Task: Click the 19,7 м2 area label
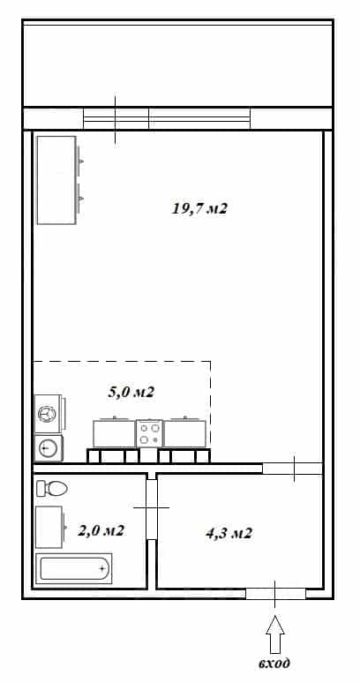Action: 199,208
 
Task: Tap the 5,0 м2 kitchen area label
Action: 131,392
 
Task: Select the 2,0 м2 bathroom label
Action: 101,530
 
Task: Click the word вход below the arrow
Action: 274,663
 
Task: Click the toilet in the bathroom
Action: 52,488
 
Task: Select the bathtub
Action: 73,568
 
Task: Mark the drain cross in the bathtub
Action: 102,568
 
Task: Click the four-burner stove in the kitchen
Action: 149,433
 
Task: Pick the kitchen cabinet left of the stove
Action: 115,432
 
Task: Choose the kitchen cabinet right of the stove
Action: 184,432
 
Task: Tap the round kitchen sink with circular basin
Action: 49,448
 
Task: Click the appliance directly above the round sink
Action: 49,414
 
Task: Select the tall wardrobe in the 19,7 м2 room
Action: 56,180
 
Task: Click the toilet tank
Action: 41,488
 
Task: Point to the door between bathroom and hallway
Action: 151,508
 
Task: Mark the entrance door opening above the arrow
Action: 275,594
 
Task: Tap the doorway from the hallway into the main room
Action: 292,469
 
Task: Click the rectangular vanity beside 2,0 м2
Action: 49,527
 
